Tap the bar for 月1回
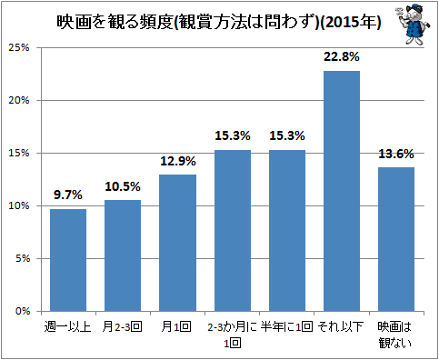[177, 243]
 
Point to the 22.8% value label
[342, 57]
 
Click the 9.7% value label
[68, 195]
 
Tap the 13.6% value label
[396, 154]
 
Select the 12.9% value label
[177, 161]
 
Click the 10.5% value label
[123, 186]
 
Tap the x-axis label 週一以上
[68, 325]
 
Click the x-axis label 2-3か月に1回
[233, 333]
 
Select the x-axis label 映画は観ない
[396, 333]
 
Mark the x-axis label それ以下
[342, 325]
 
